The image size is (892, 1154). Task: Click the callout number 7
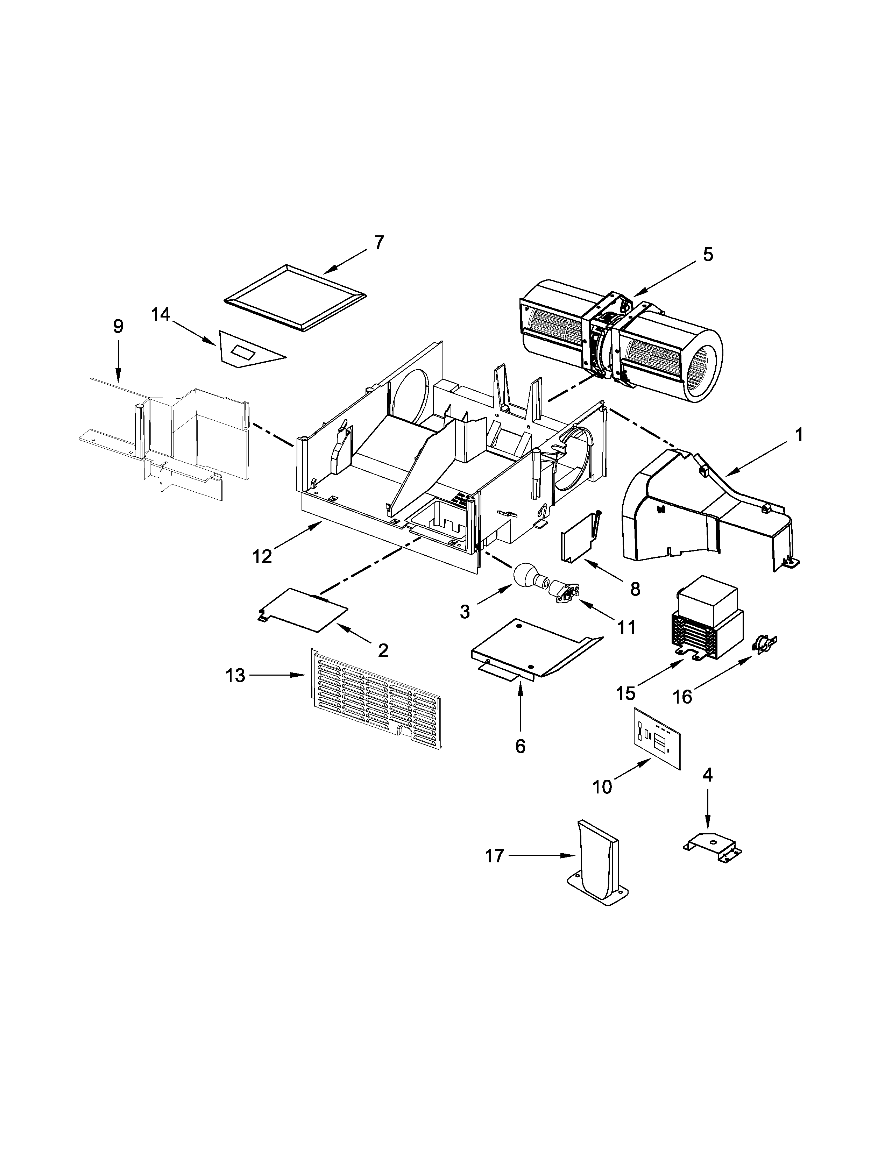[379, 243]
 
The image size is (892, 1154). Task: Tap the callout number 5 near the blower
[708, 254]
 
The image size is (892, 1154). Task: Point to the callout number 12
[262, 556]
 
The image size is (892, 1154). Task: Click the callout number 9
[118, 327]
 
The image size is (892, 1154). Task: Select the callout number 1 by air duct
[799, 435]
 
